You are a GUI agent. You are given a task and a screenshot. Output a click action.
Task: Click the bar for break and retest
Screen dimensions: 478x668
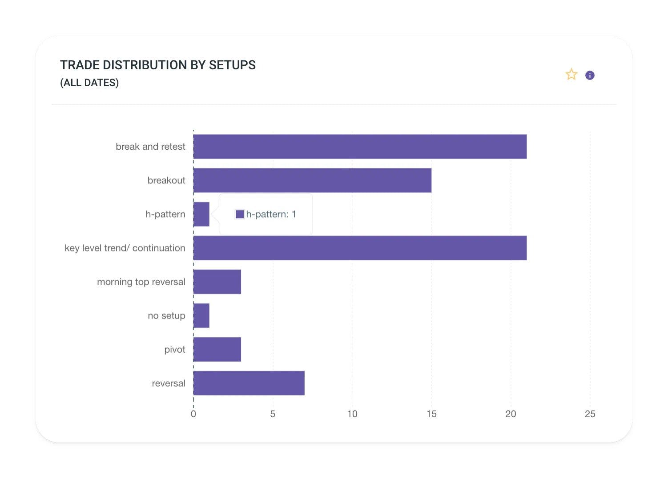[x=359, y=147]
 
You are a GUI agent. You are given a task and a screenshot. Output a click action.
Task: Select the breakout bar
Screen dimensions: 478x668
[x=312, y=180]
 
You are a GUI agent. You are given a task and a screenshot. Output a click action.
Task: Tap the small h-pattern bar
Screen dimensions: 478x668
[x=201, y=214]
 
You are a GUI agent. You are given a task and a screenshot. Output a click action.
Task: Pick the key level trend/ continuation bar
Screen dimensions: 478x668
[x=359, y=248]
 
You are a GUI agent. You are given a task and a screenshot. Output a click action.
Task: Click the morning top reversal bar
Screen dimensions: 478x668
[x=217, y=282]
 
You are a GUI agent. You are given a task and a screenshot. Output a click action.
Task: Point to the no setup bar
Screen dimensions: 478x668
[x=201, y=315]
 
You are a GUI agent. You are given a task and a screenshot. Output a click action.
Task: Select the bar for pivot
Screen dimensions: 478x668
[x=217, y=349]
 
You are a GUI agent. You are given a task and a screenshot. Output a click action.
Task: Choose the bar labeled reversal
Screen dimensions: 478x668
[x=249, y=383]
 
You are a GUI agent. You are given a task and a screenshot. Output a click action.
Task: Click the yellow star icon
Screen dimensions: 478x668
[x=571, y=75]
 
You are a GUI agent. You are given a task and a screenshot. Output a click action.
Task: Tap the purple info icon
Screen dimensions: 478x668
[x=590, y=76]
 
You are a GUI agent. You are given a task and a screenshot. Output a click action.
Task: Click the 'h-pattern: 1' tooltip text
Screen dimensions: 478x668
[x=271, y=214]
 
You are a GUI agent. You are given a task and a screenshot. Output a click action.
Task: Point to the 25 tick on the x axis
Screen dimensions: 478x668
[x=590, y=414]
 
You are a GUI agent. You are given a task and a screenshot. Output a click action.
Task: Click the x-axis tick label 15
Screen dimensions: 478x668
[x=431, y=414]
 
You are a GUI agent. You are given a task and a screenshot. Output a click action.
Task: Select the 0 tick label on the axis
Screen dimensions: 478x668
[x=193, y=414]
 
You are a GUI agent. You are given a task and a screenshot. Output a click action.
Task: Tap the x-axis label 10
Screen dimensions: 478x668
[x=352, y=414]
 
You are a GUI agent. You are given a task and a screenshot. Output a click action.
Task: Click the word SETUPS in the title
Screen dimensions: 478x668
[x=232, y=65]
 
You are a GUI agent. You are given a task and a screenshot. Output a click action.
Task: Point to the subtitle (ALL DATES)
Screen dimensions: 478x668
[x=89, y=83]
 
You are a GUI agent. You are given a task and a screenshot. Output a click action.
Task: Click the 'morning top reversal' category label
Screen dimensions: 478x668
[x=141, y=282]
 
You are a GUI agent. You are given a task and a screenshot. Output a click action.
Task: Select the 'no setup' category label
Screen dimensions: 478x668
[x=166, y=315]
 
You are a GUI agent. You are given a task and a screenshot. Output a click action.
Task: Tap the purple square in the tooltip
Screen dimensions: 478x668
[x=240, y=214]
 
